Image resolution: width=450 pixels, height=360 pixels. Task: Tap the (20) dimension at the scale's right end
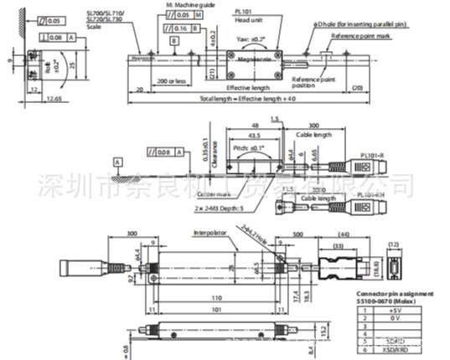[357, 88]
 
